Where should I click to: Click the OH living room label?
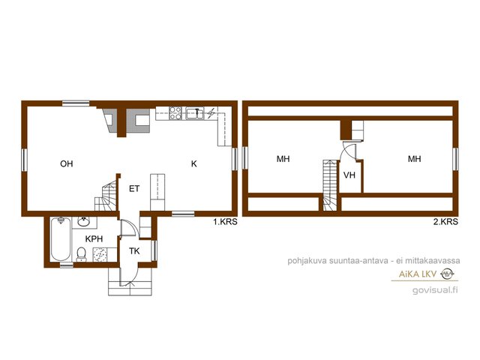67,163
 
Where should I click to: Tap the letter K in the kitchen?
193,163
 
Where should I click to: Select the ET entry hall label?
134,188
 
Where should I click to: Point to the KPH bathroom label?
94,238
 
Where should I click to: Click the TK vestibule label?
134,251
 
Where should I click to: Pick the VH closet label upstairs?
349,175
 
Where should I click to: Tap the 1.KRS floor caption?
225,222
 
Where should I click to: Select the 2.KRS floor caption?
445,222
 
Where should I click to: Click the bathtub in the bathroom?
60,238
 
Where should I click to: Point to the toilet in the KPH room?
81,255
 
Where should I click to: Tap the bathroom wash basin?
84,222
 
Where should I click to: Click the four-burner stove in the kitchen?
175,113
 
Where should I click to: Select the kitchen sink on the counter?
195,113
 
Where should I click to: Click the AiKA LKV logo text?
418,274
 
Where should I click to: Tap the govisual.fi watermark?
435,289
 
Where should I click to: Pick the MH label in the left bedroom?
283,159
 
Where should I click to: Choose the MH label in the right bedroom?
415,158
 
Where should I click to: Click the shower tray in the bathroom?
100,255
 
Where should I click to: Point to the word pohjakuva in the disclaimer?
307,261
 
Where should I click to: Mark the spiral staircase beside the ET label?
106,196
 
